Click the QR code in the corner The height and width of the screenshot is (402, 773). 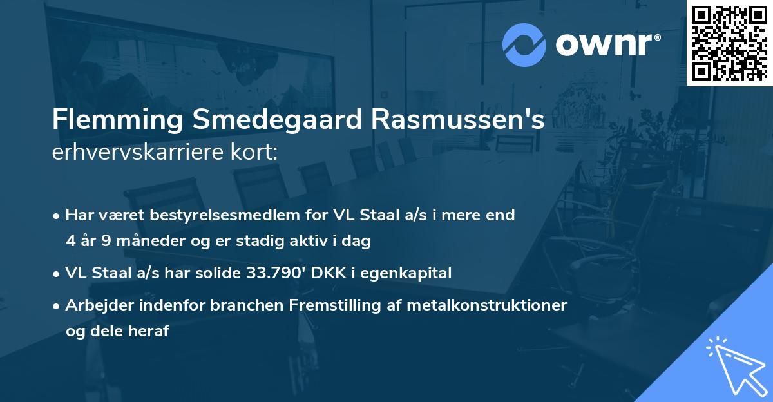[729, 43]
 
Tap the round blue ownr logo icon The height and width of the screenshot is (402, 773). [524, 44]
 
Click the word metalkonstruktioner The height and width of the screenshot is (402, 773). [490, 305]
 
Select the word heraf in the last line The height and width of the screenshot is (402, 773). [150, 331]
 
